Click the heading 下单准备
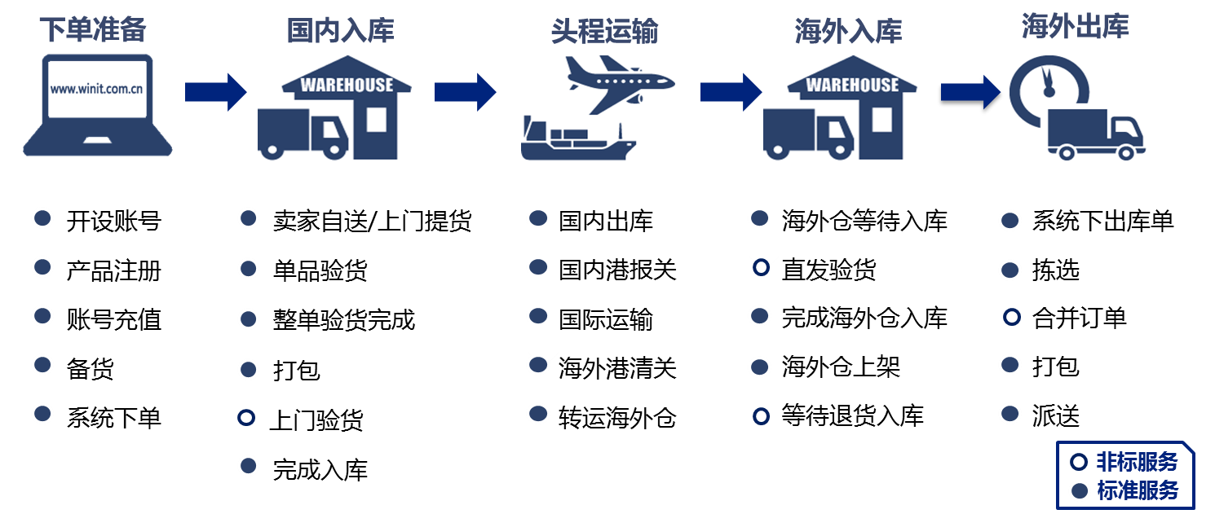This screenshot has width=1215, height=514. coord(92,30)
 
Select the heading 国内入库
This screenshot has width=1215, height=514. coord(340,31)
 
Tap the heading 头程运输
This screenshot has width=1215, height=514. coord(603,32)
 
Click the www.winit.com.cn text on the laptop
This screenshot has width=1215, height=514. coord(97,90)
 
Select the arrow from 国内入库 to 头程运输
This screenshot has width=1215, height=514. coord(465,91)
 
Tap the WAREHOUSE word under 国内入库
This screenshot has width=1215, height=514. coord(347,85)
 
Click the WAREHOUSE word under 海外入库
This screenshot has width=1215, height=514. coord(852,85)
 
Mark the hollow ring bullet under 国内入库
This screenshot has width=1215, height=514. coord(246,417)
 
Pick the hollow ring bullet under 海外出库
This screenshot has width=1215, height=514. coord(1010,317)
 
